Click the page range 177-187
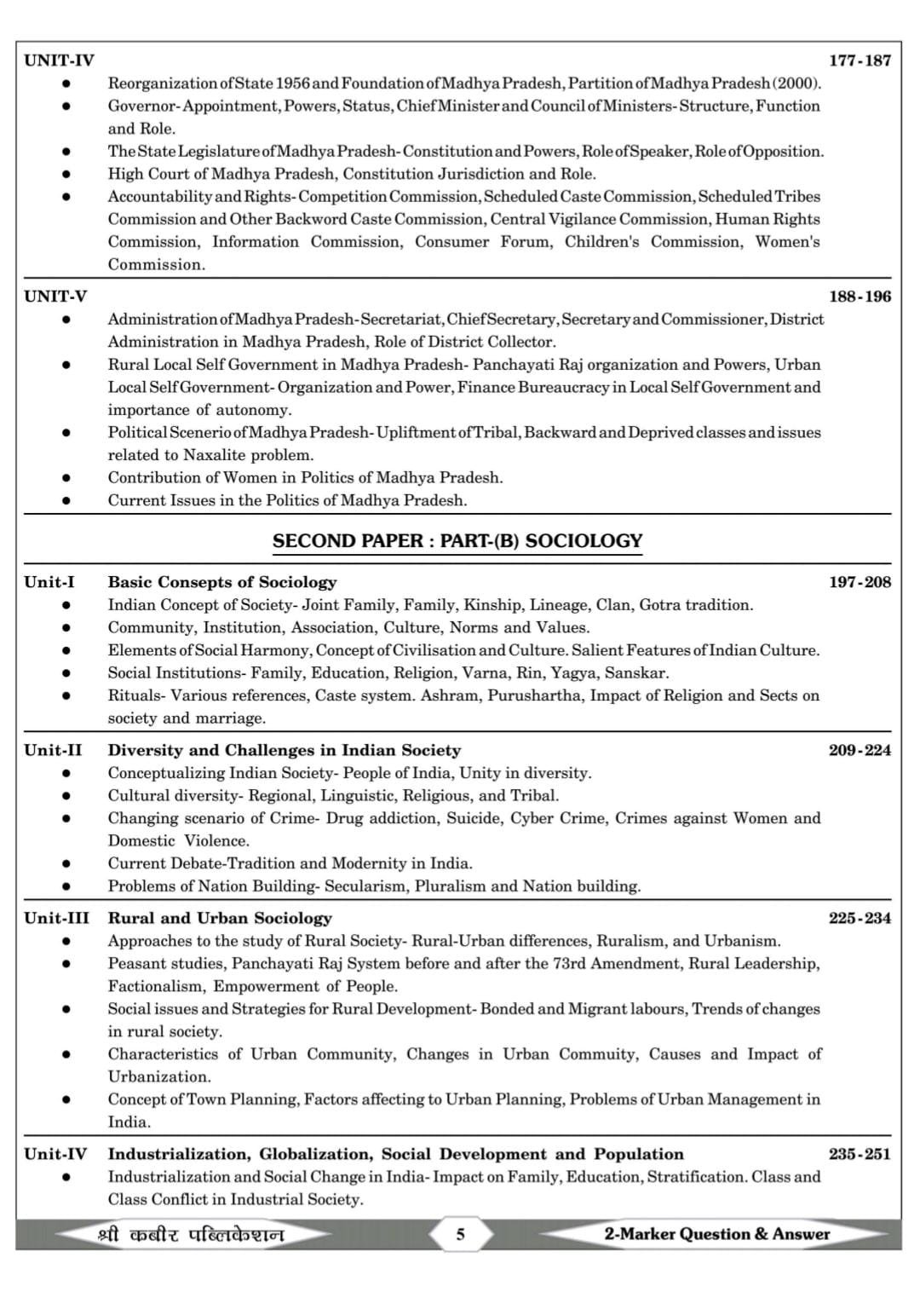[860, 61]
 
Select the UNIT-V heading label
[55, 297]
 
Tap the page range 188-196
[860, 297]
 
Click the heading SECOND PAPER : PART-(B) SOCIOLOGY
[457, 541]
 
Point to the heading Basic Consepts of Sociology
[221, 583]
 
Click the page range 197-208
[860, 583]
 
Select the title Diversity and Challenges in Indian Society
[284, 751]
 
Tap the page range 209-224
[860, 751]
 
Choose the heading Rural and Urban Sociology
[220, 919]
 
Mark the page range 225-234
[860, 919]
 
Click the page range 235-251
[860, 1155]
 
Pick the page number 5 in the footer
[460, 1234]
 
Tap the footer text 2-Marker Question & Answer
[716, 1234]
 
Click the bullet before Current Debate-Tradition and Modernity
[66, 863]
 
